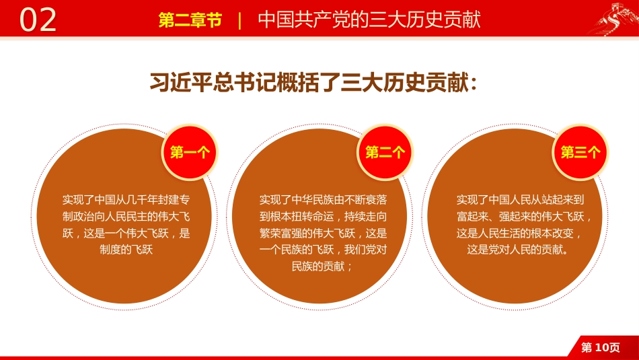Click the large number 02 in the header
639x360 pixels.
pos(38,20)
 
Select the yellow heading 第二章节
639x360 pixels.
pos(190,20)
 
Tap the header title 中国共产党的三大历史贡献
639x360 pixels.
pos(369,20)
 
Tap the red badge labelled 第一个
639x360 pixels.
pos(190,152)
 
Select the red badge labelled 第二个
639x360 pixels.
pos(385,152)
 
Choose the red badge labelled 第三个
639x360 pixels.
pos(580,152)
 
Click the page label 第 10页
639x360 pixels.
pos(600,347)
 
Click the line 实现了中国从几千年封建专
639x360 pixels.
pos(126,200)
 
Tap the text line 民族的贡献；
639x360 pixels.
pos(323,266)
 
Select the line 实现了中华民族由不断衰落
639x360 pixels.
pos(323,200)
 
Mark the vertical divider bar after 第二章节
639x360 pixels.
pos(240,20)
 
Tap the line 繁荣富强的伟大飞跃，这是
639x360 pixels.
pos(323,233)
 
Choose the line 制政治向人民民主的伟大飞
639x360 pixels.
pos(126,217)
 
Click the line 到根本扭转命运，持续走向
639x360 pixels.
pos(323,217)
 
